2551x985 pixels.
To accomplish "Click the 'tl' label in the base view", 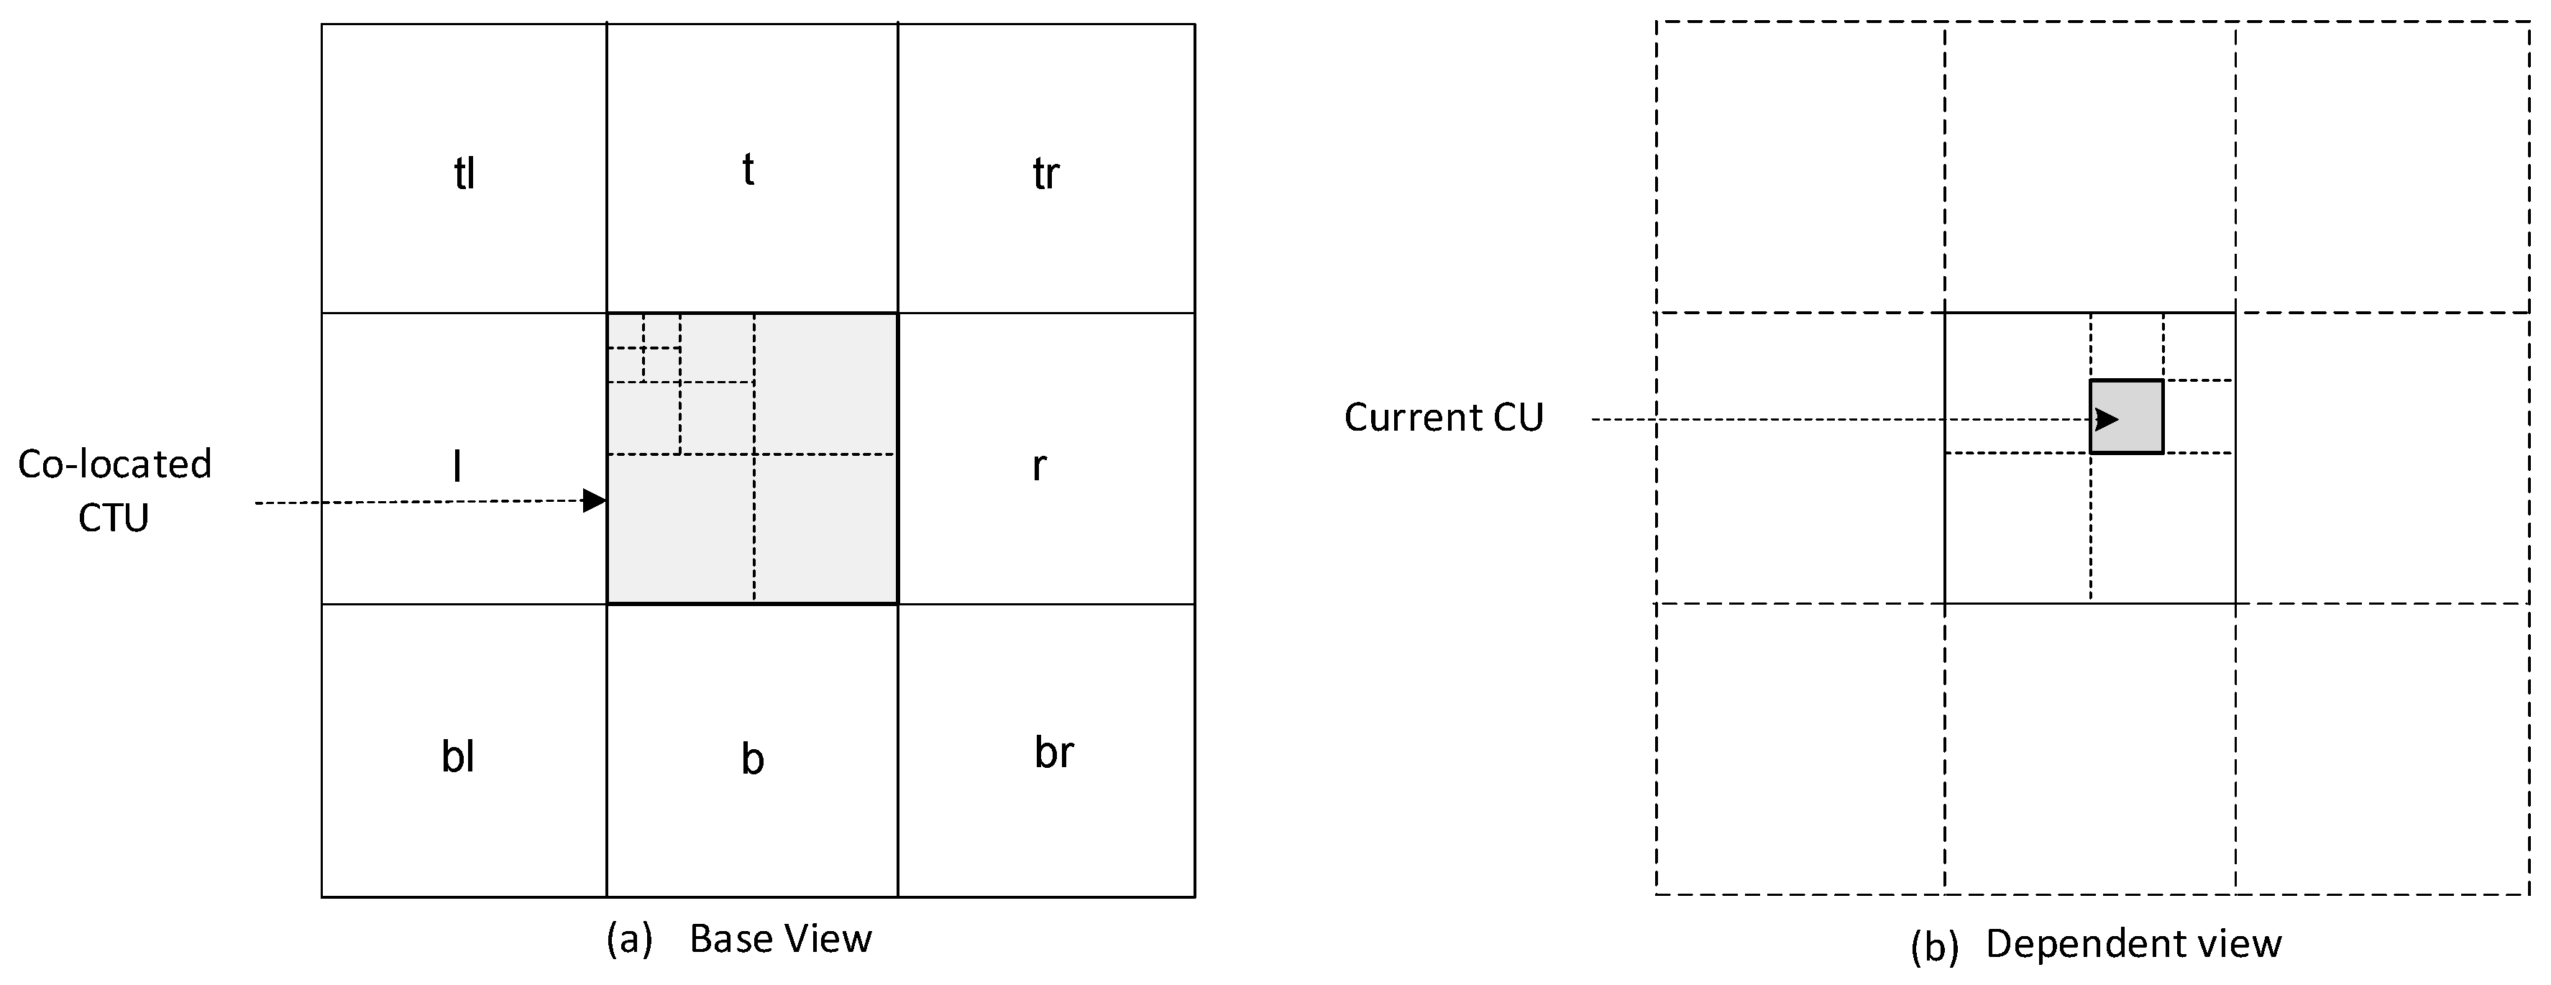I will point(464,174).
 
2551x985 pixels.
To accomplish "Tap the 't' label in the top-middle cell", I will point(748,170).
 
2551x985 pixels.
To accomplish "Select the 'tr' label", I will point(1045,174).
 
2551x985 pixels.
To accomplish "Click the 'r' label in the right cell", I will point(1039,465).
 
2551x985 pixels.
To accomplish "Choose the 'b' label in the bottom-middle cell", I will point(753,759).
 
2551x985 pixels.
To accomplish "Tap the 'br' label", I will point(1053,752).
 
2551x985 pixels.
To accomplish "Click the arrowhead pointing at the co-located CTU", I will point(594,501).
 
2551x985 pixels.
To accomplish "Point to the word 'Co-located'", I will point(115,464).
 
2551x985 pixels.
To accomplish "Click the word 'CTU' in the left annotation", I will point(114,518).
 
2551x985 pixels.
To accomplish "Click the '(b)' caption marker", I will point(1934,946).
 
